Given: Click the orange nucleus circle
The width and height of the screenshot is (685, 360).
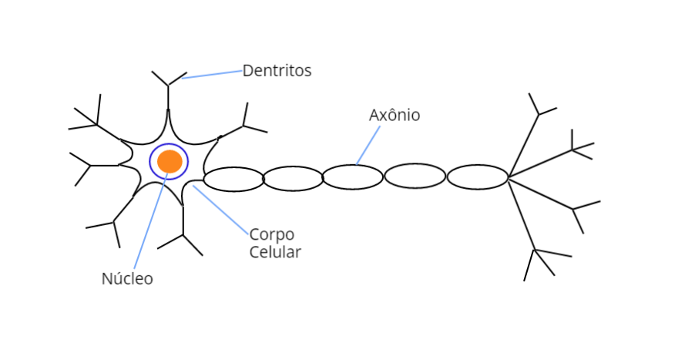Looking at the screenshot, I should coord(170,161).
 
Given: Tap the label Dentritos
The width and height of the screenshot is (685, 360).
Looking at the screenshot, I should coord(277,71).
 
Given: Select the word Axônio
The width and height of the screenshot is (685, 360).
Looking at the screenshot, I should coord(395,115).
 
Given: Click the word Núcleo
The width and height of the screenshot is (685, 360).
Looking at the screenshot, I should coord(127,279).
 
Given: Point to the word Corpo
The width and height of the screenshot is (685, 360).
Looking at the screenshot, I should coord(272,234).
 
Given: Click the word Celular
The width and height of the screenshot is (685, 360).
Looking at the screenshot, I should coord(275,252).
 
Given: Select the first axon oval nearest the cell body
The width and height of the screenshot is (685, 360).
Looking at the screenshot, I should coord(233,179).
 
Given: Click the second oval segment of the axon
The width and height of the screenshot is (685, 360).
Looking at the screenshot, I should coord(293,179).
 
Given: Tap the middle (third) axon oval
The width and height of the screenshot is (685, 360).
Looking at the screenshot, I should coord(352,177).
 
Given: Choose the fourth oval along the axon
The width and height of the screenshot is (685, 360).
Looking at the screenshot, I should coord(415,176).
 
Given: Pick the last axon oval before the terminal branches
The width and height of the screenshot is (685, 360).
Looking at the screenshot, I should coord(478,177).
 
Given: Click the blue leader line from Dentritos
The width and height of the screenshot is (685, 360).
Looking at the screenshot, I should coord(212,74).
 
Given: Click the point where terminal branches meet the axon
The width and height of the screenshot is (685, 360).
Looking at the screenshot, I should coord(509,178).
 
